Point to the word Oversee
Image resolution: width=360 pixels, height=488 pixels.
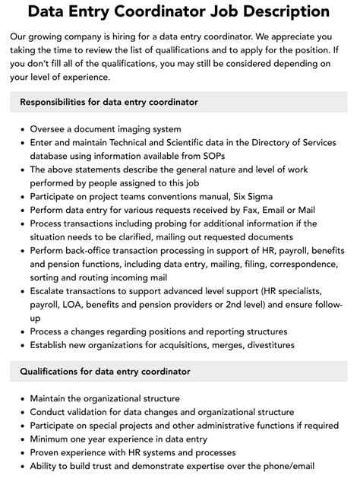(x=51, y=129)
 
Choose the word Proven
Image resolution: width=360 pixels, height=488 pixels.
(x=47, y=452)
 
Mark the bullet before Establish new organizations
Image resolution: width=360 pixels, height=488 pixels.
(x=21, y=345)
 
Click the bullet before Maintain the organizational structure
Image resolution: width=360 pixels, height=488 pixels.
(x=21, y=399)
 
